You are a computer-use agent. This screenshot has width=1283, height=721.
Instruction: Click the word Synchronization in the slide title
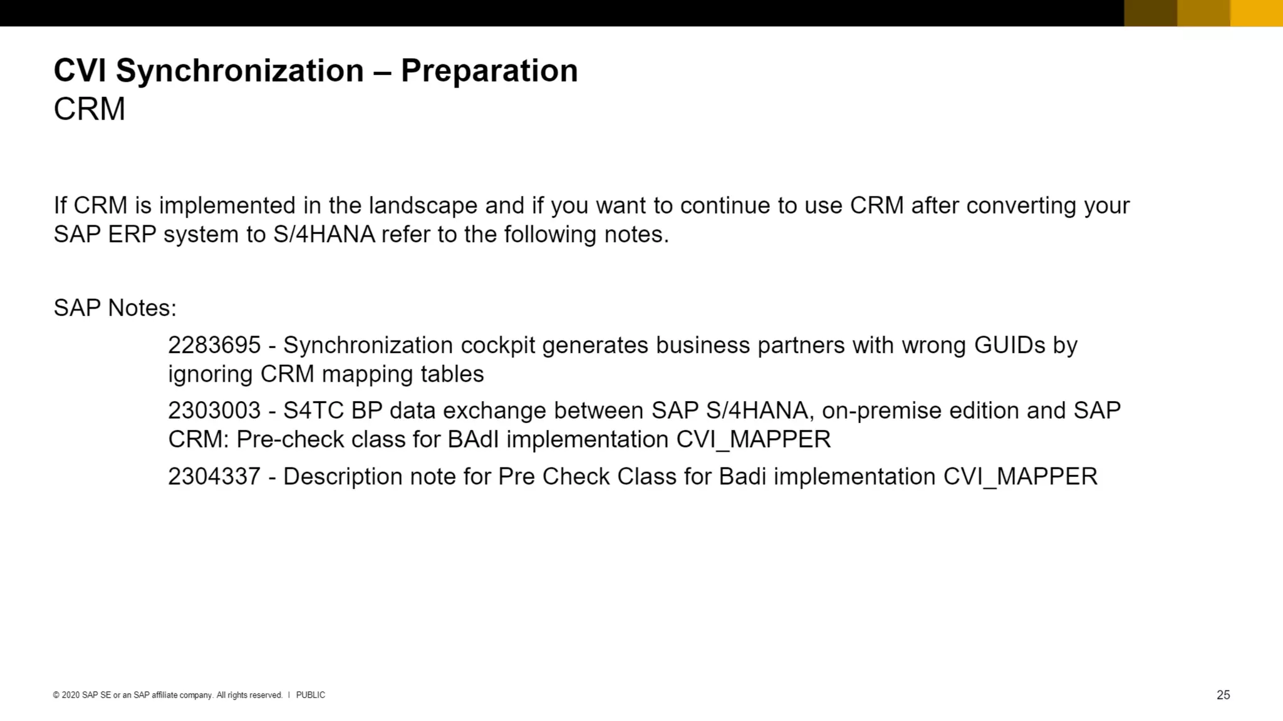pos(240,70)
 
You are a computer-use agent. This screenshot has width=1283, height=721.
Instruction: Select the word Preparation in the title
pos(489,70)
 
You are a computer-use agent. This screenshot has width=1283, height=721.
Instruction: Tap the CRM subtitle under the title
pos(90,110)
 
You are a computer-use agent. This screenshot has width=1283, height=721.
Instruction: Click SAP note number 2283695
pos(214,345)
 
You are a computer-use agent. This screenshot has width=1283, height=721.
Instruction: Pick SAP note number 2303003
pos(214,411)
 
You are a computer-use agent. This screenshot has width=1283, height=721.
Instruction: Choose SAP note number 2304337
pos(214,476)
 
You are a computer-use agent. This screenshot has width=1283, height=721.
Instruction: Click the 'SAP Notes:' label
pos(115,308)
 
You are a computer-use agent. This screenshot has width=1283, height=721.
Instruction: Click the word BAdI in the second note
pos(473,439)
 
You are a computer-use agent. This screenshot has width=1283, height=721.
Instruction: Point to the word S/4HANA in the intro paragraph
pos(324,234)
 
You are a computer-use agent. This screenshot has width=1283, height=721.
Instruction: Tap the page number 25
pos(1223,695)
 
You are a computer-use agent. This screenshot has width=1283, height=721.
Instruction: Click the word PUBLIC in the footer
pos(311,695)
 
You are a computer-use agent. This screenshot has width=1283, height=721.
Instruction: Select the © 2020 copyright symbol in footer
pos(56,695)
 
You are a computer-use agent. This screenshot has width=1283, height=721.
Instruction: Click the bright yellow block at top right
pos(1256,13)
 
